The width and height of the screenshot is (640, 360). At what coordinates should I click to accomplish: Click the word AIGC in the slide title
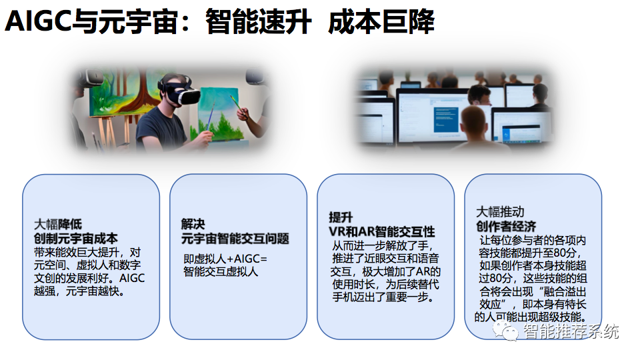[38, 23]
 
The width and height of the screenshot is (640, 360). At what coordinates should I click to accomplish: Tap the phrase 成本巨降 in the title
[381, 23]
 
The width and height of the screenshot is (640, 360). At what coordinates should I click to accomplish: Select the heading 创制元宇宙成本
[75, 238]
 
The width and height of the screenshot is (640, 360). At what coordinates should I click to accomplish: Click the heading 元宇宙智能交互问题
[235, 238]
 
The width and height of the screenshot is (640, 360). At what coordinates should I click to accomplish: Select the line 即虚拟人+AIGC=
[225, 259]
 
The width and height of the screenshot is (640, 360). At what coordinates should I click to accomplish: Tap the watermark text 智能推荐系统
[571, 331]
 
